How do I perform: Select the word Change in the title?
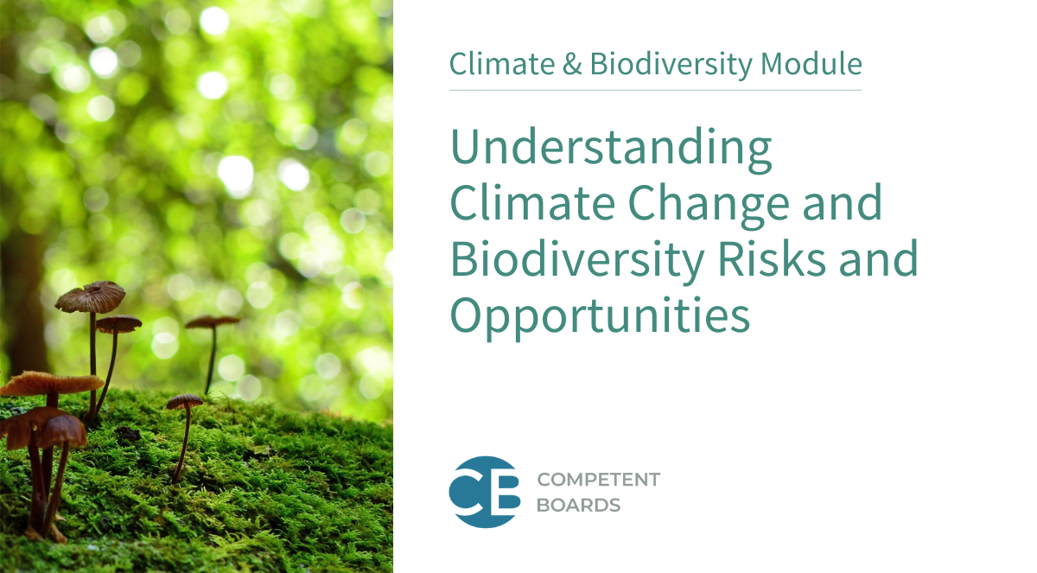(x=708, y=204)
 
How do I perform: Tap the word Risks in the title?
(x=772, y=259)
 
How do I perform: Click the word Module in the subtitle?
(x=811, y=63)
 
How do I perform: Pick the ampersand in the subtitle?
(x=572, y=64)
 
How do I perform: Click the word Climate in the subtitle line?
(x=502, y=64)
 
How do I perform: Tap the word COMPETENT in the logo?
(x=599, y=480)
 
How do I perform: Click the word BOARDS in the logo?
(x=578, y=506)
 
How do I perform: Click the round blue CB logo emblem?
(x=485, y=492)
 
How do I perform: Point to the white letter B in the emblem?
(x=505, y=492)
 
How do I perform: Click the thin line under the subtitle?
(x=656, y=90)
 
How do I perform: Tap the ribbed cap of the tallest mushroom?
(x=90, y=296)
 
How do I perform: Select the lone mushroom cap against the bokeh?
(x=213, y=322)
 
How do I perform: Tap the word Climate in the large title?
(x=532, y=204)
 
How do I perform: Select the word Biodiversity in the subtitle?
(x=671, y=64)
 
